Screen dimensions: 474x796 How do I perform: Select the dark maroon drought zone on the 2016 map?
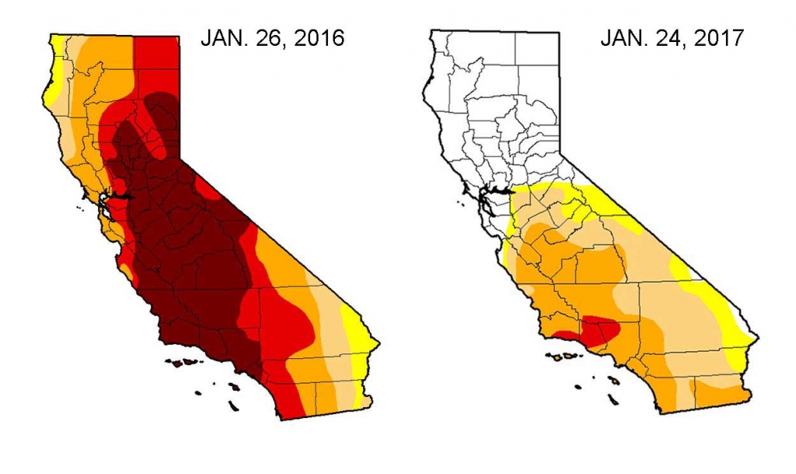pyautogui.click(x=187, y=256)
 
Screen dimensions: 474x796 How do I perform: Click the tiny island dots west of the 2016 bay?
pyautogui.click(x=80, y=206)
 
